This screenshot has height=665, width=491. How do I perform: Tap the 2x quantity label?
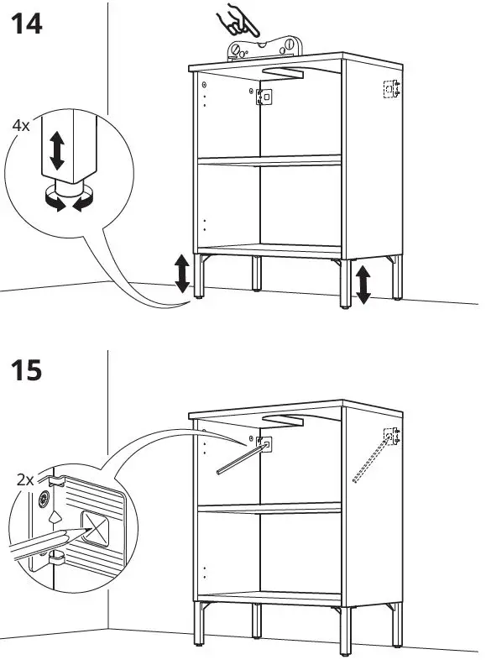[25, 480]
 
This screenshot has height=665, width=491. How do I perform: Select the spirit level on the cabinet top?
[264, 47]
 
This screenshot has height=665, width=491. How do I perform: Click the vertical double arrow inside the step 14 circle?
[56, 149]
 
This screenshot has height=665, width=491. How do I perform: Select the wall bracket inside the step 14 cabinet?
[264, 97]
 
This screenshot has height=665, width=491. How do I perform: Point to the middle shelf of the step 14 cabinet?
[269, 160]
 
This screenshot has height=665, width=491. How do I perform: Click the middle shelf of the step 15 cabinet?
[269, 507]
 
